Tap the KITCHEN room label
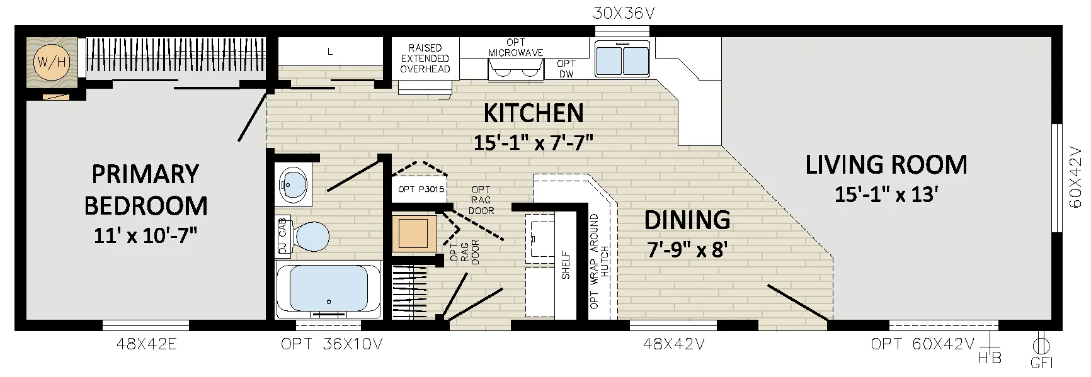(x=534, y=113)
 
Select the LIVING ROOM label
(x=886, y=165)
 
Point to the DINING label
(x=687, y=220)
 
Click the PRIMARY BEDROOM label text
(x=146, y=189)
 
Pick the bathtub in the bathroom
(x=328, y=291)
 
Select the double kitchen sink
(x=622, y=59)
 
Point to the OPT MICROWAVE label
(x=516, y=48)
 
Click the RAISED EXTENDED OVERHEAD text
(x=425, y=59)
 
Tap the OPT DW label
(x=566, y=69)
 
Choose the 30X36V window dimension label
(x=623, y=13)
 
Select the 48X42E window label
(x=146, y=344)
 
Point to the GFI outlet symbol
(x=1040, y=346)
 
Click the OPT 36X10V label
(x=331, y=344)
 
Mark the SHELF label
(x=566, y=265)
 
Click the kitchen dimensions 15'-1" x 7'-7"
(x=534, y=142)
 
